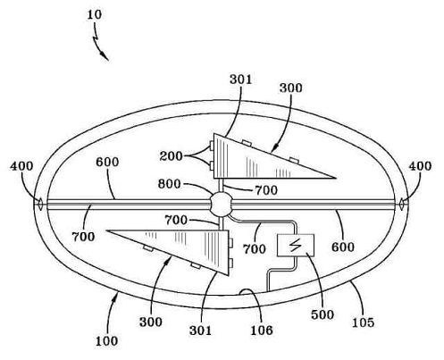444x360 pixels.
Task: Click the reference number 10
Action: coord(94,14)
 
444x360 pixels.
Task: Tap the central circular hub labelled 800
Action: coord(221,205)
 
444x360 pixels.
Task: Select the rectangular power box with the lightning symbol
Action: coord(296,245)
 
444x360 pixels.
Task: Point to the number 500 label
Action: coord(323,314)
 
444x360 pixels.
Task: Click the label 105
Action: coord(363,322)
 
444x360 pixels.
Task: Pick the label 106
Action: coord(261,330)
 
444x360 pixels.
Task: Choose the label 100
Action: coord(106,340)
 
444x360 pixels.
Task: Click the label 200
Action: coord(171,155)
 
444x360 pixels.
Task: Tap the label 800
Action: coord(169,184)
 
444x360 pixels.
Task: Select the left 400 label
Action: coord(21,166)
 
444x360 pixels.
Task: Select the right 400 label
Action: coord(420,166)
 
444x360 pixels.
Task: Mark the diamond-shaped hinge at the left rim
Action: coord(39,205)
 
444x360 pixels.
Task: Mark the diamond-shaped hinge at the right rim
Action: coord(401,205)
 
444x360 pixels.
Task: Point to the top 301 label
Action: coord(240,80)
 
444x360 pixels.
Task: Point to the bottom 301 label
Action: coord(200,331)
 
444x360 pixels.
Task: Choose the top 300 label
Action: coord(291,88)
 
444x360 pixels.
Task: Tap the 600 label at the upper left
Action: coord(107,162)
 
